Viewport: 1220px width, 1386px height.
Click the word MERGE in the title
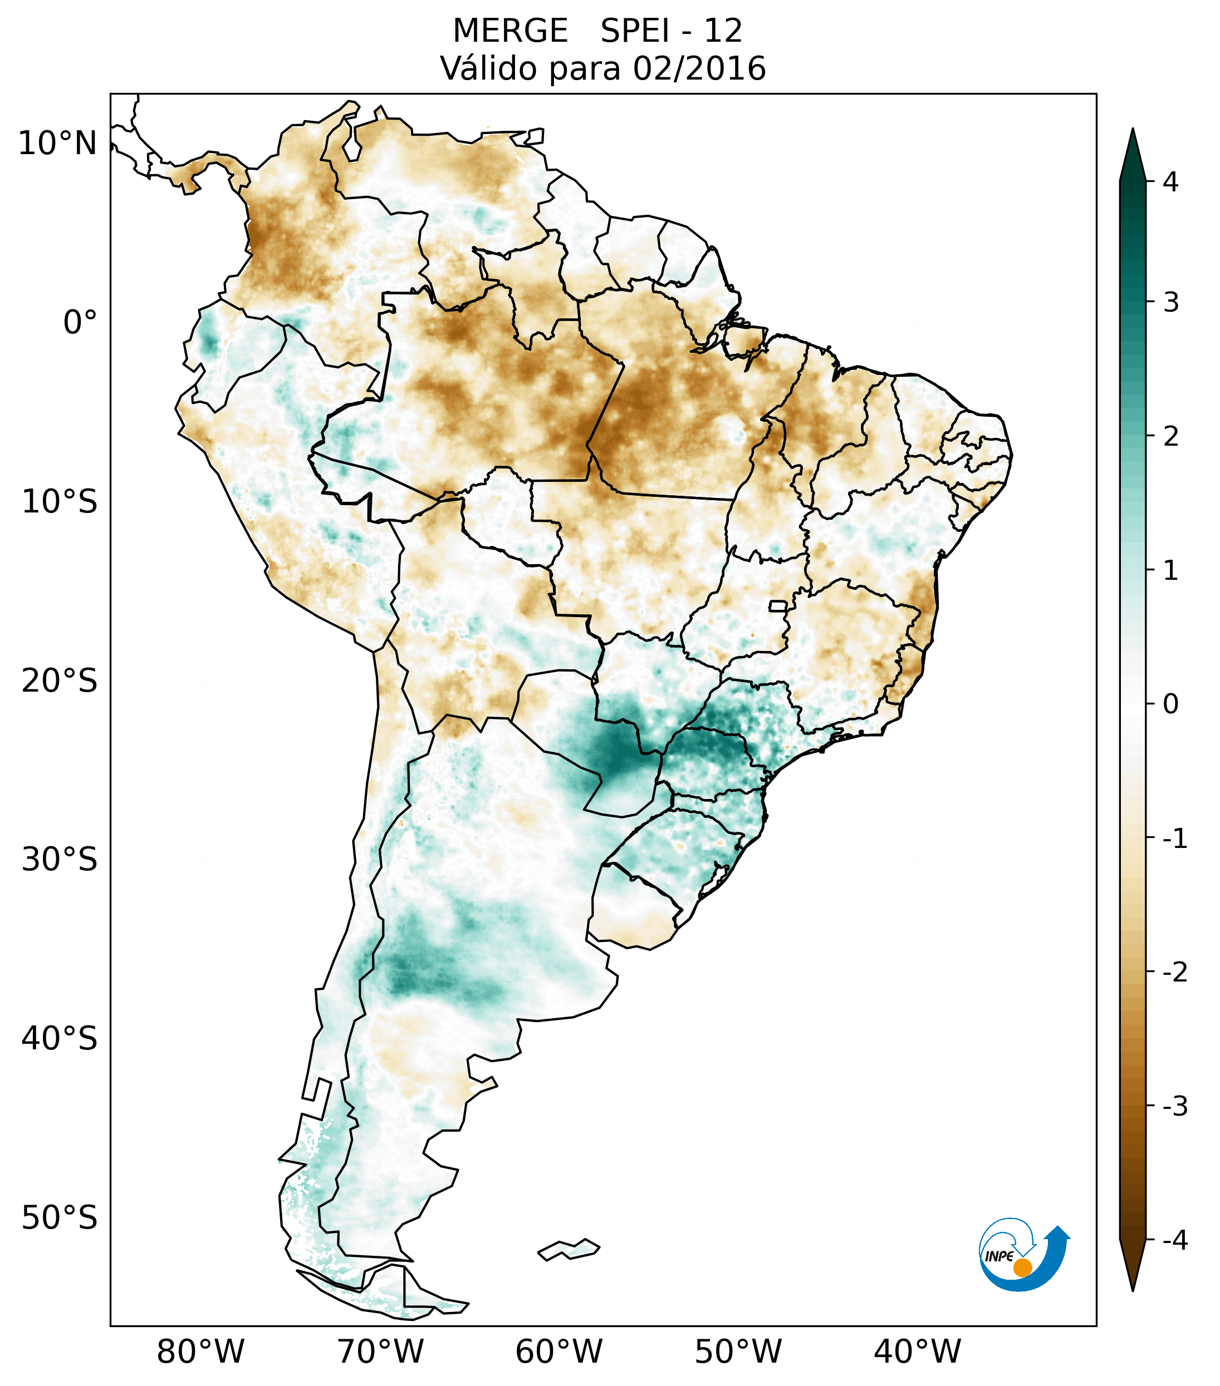pos(509,31)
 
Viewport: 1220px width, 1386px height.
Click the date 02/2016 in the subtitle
pos(699,68)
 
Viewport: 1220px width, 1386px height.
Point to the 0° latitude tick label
pos(80,322)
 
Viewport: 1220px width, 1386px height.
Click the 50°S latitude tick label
pos(60,1219)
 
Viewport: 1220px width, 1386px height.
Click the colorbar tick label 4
pos(1170,182)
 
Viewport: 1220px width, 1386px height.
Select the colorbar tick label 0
pos(1170,704)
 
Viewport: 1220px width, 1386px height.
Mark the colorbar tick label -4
pos(1174,1240)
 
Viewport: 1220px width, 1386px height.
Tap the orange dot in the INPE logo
pos(1022,1268)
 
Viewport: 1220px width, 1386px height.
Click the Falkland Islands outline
pos(569,1249)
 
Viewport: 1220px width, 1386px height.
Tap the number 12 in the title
pos(723,31)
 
